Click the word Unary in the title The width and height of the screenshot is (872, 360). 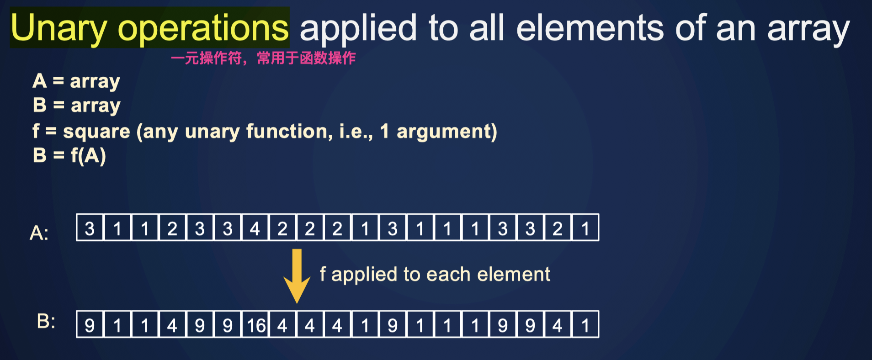(x=58, y=28)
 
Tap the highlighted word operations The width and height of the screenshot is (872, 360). (x=203, y=28)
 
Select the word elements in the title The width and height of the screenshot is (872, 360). (x=590, y=28)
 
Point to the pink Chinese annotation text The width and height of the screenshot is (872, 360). (x=263, y=58)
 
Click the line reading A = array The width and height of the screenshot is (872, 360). (x=76, y=81)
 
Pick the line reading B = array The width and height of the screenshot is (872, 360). (x=76, y=106)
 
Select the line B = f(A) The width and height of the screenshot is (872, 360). (x=69, y=155)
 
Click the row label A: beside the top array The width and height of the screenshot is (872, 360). (x=39, y=233)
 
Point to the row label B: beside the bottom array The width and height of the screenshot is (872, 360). (x=46, y=322)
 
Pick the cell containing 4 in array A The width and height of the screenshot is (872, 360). (x=255, y=228)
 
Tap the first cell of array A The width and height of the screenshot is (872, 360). (x=90, y=228)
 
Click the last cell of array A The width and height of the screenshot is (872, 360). (x=585, y=228)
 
